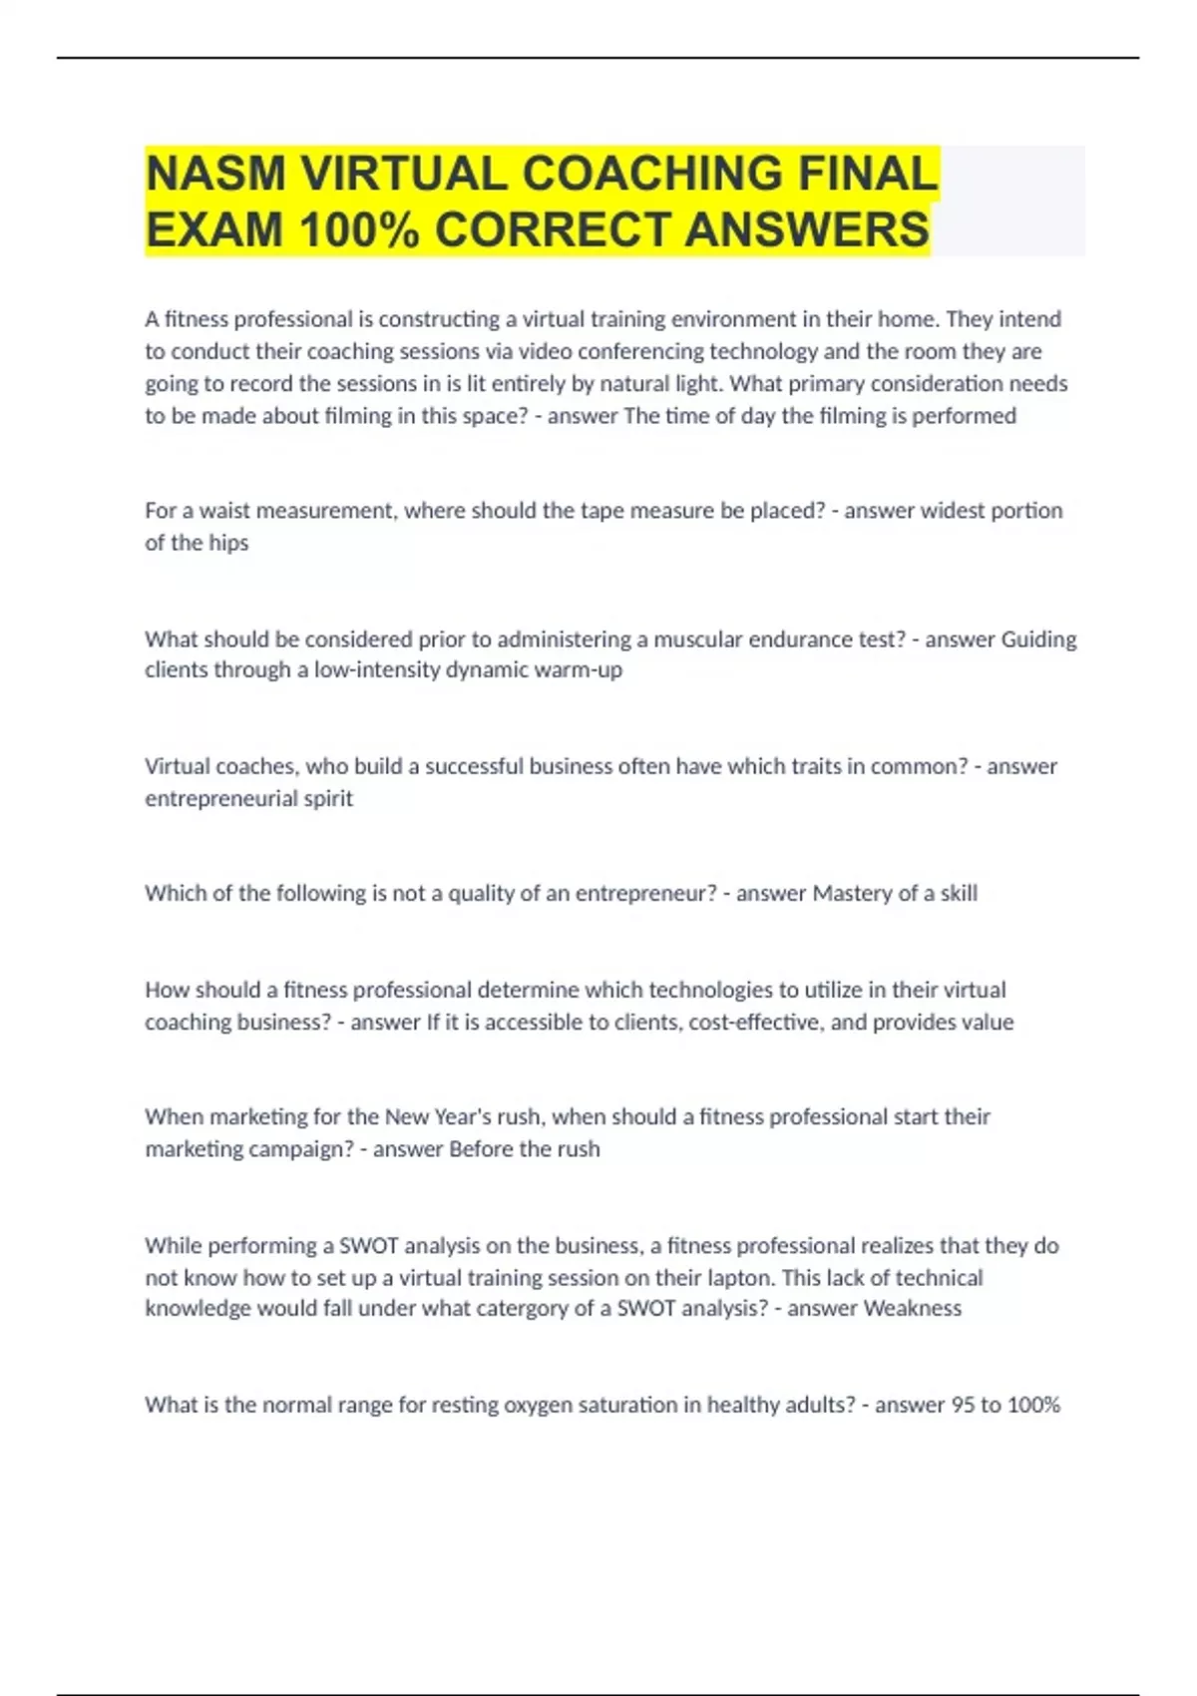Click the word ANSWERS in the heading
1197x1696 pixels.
[807, 230]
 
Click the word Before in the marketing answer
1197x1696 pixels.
[481, 1148]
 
